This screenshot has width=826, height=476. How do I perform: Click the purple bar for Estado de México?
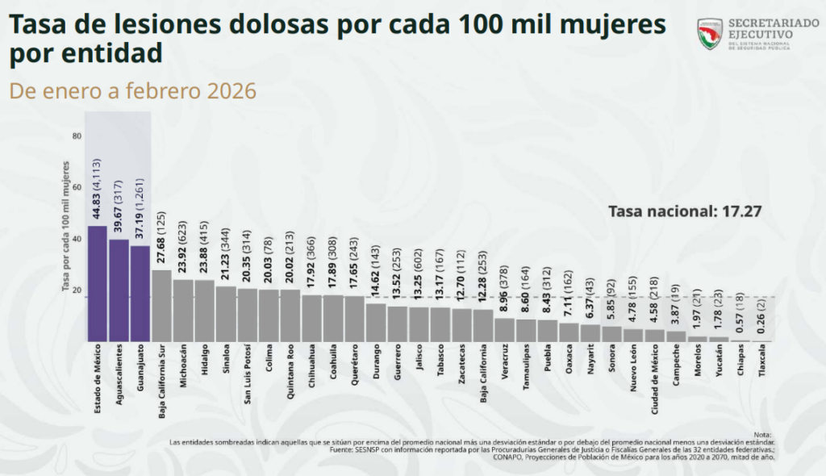pos(97,283)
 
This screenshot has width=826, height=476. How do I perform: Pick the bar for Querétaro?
pos(354,318)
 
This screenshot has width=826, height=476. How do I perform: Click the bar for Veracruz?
pos(504,329)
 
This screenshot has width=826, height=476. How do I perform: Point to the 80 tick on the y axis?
pos(77,136)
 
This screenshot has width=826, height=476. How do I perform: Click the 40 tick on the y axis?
pos(77,239)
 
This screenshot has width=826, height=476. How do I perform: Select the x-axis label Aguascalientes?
pos(119,376)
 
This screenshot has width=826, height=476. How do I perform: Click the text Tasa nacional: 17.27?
pos(684,212)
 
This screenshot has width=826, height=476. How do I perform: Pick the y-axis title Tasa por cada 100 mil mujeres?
pos(66,225)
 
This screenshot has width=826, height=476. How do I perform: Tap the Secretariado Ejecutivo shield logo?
pos(709,34)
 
